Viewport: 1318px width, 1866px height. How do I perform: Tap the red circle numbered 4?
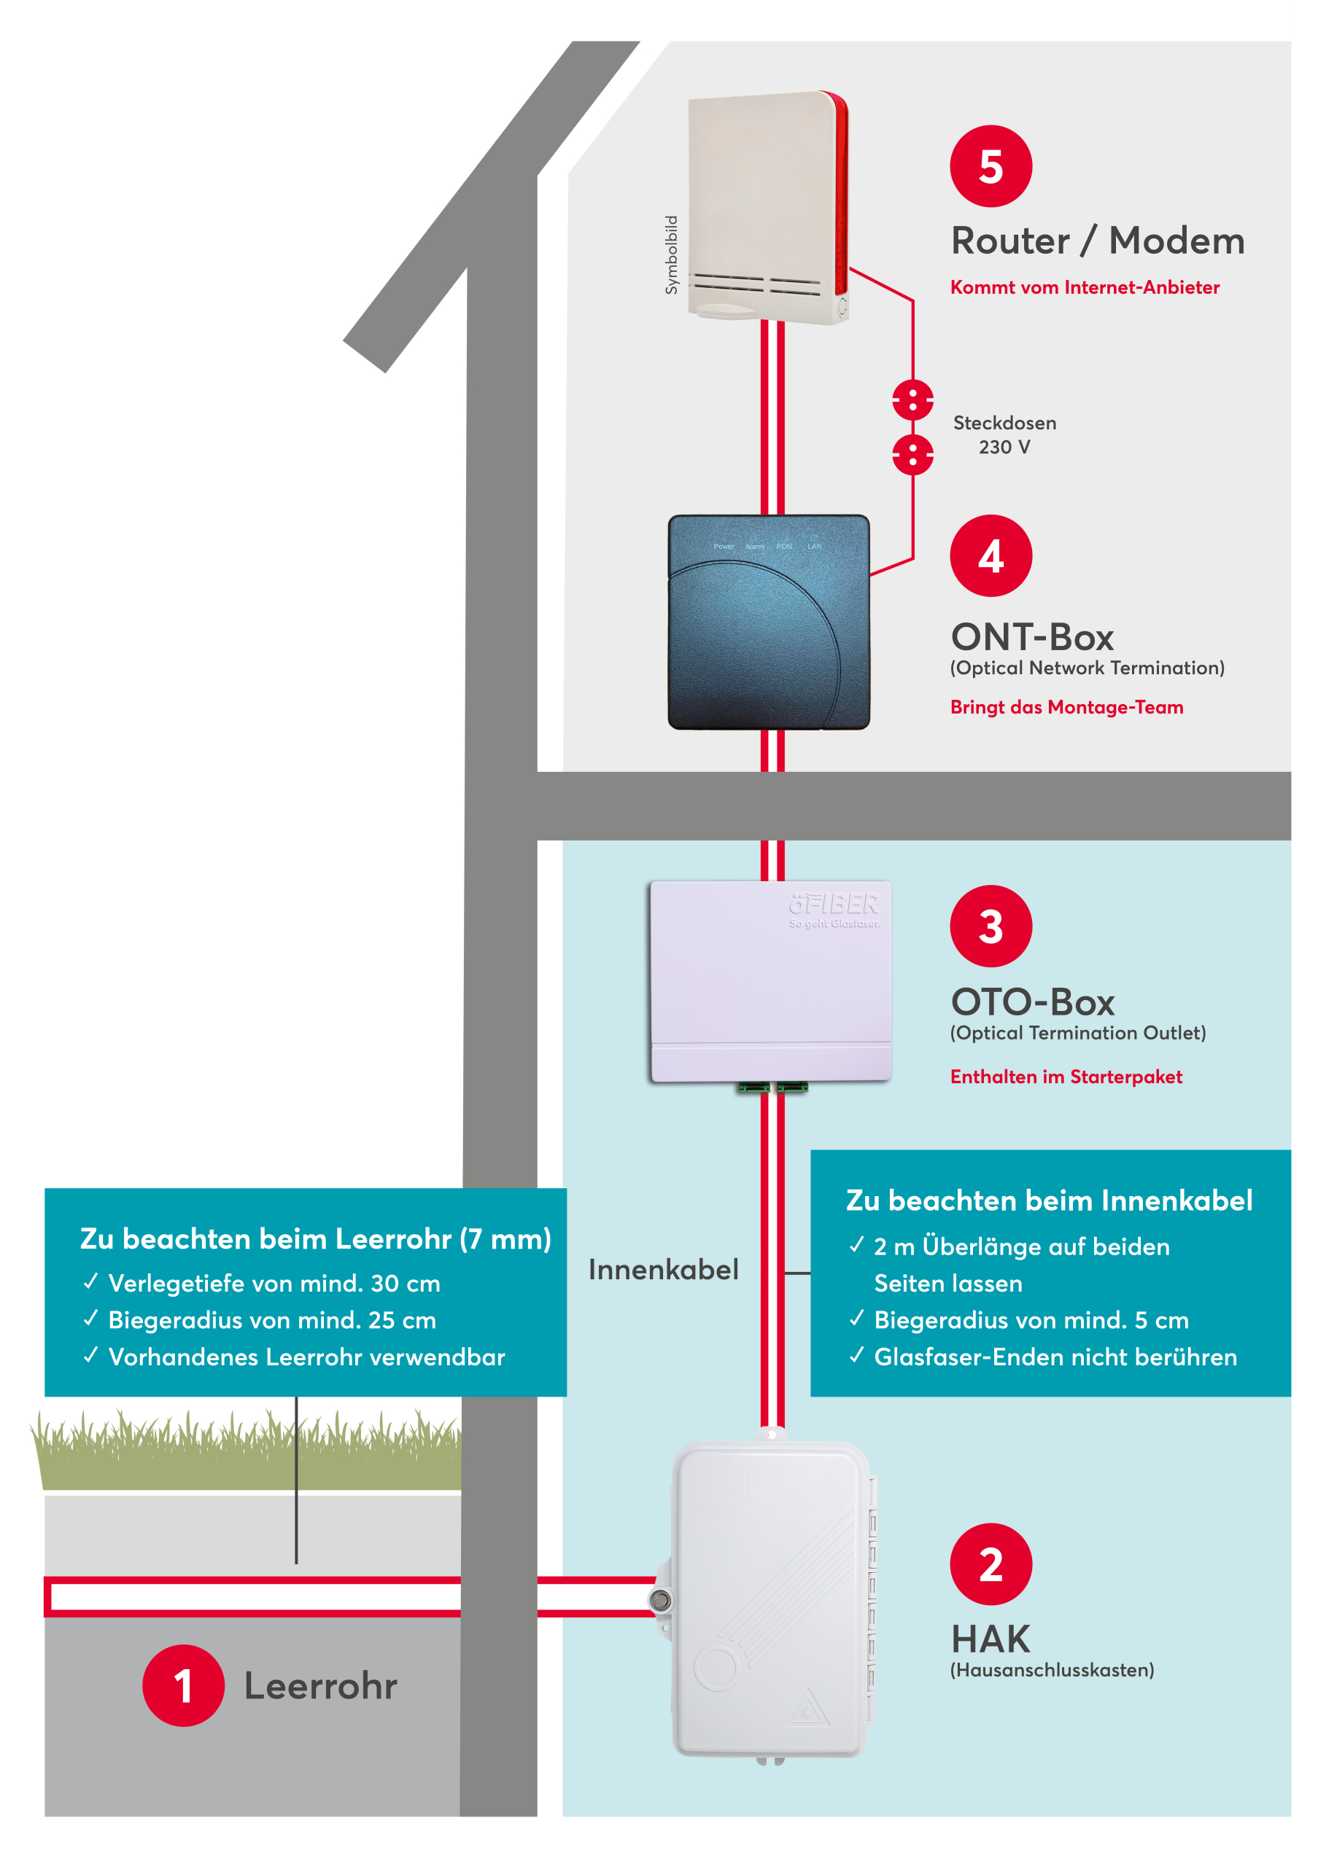(x=991, y=556)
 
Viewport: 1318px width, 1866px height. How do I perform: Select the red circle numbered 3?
(x=991, y=926)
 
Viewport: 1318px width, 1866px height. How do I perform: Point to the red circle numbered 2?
(x=991, y=1564)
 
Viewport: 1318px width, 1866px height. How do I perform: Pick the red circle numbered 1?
(x=183, y=1685)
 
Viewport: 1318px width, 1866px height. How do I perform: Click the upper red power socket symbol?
(x=912, y=400)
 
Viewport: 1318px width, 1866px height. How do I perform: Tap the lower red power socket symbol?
(x=912, y=454)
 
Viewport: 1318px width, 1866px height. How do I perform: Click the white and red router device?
(x=767, y=207)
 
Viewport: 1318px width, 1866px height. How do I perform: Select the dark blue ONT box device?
(x=768, y=622)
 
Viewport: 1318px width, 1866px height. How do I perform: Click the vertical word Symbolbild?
(x=671, y=254)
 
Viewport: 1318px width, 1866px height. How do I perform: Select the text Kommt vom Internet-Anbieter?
(x=1085, y=287)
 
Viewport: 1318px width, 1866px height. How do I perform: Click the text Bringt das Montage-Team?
(x=1066, y=707)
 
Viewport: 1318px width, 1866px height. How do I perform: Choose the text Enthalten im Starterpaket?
(x=1066, y=1077)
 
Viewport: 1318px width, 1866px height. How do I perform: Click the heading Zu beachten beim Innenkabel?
(x=1049, y=1201)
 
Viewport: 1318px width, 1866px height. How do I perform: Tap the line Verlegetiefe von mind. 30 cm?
(x=274, y=1284)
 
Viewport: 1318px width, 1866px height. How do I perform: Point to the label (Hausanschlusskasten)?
(x=1052, y=1670)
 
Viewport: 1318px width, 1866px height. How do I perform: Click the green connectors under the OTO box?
(x=772, y=1088)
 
